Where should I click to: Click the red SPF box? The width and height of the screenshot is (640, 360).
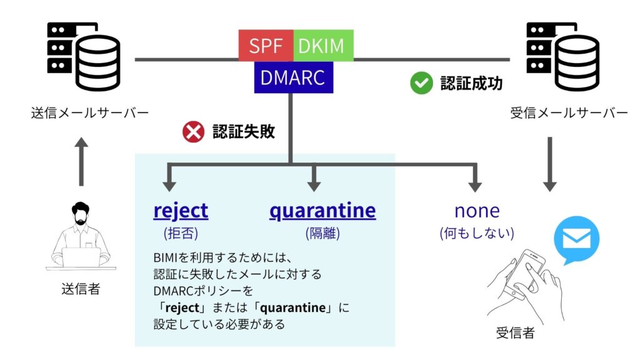(266, 46)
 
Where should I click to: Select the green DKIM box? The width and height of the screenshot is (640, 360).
(322, 46)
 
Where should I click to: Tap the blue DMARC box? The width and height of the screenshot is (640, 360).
(293, 77)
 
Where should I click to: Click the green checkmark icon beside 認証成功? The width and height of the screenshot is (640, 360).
(421, 83)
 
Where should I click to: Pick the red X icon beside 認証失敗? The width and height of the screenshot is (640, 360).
(193, 132)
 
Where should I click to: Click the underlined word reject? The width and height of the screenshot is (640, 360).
(181, 211)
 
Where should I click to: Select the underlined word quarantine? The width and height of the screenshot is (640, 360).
(322, 211)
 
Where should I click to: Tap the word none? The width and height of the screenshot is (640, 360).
(477, 211)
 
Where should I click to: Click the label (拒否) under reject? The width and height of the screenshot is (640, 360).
(180, 234)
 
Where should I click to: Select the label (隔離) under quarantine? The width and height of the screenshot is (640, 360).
(322, 234)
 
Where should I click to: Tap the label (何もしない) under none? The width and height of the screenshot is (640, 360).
(477, 234)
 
